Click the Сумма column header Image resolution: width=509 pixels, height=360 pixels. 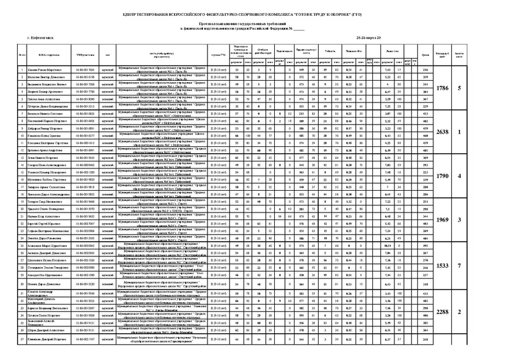[x=425, y=57]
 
